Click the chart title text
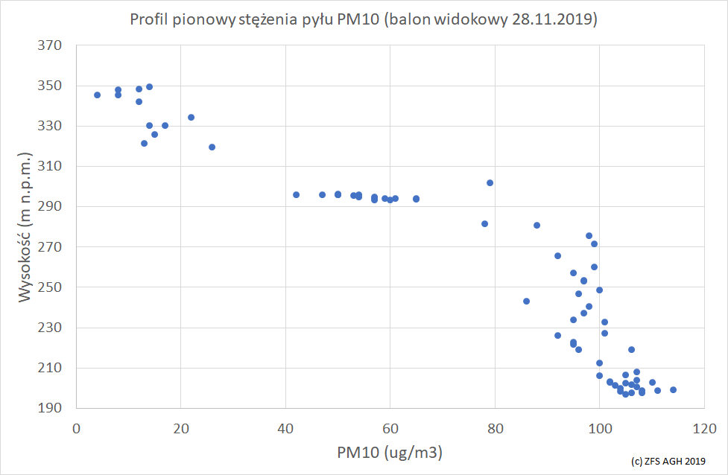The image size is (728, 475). click(364, 20)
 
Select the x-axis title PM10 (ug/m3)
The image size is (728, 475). click(390, 451)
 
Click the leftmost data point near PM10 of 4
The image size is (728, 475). click(97, 95)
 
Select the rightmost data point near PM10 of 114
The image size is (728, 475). click(673, 389)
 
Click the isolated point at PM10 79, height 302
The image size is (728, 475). click(490, 182)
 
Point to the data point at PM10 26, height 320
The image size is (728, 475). click(212, 147)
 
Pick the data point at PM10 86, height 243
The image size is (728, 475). click(526, 301)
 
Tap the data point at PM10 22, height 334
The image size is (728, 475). click(191, 117)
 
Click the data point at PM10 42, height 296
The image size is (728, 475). click(296, 194)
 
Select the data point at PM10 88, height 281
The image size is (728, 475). click(536, 225)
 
